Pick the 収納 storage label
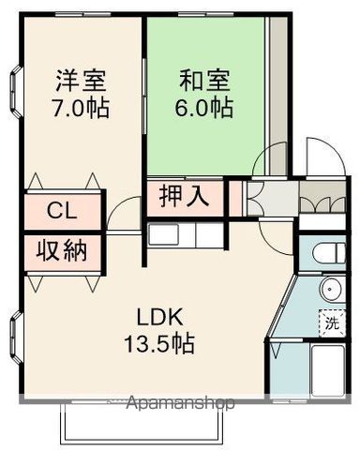coord(63,251)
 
